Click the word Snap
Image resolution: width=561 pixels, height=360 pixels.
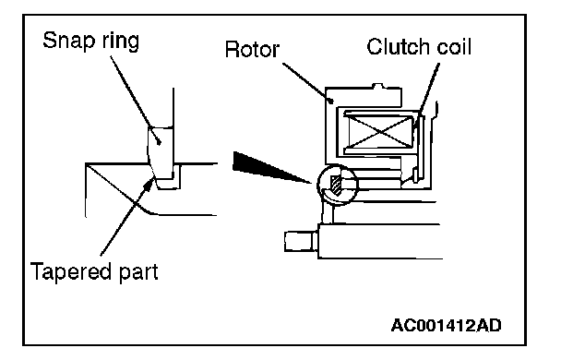(69, 41)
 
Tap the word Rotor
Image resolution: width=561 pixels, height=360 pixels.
(252, 49)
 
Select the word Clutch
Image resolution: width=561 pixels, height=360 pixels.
(398, 47)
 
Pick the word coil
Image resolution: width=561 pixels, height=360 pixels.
(454, 47)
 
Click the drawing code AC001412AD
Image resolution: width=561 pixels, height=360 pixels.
(447, 325)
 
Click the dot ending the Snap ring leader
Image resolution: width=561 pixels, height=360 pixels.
(160, 142)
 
